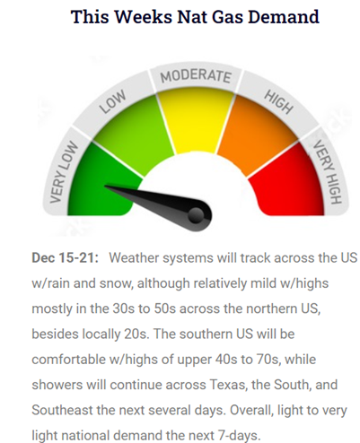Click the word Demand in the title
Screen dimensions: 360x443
pyautogui.click(x=284, y=16)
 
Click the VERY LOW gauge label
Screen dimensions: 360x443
pyautogui.click(x=63, y=172)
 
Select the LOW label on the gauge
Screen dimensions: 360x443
pyautogui.click(x=113, y=102)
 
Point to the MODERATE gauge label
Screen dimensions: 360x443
pyautogui.click(x=196, y=76)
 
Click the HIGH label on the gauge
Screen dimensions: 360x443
pyautogui.click(x=278, y=102)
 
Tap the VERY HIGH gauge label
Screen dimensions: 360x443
pyautogui.click(x=328, y=172)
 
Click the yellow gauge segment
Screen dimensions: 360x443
pyautogui.click(x=195, y=123)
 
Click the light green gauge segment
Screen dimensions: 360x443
pyautogui.click(x=132, y=132)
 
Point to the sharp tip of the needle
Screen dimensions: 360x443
pyautogui.click(x=105, y=187)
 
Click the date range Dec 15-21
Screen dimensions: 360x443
pyautogui.click(x=65, y=257)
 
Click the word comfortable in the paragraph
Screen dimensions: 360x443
pyautogui.click(x=68, y=360)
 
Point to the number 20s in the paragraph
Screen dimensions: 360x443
pyautogui.click(x=136, y=334)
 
